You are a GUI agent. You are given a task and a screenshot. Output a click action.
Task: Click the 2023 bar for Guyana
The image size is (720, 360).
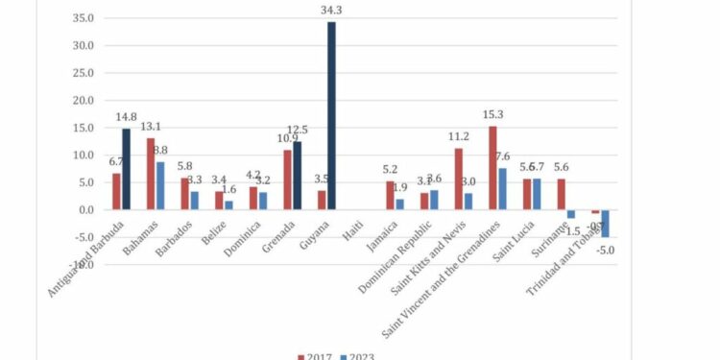331,115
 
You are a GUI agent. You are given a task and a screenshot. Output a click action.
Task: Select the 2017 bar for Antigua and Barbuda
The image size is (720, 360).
116,191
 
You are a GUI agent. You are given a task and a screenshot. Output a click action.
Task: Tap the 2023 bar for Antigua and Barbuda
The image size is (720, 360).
126,169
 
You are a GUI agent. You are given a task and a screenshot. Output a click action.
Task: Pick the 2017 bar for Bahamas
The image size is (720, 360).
151,174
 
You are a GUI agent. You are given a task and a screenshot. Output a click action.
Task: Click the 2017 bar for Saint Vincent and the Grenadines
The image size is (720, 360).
492,168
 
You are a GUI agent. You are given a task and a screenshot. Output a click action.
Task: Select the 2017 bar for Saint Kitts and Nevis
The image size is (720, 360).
458,179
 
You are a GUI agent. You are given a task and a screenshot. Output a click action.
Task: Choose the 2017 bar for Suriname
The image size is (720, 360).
561,194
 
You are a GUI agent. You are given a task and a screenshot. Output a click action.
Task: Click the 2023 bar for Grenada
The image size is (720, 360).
298,175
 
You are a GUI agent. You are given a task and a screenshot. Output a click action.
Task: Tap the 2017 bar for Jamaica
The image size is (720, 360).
390,195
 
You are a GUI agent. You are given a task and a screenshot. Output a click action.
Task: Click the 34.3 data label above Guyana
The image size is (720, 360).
331,10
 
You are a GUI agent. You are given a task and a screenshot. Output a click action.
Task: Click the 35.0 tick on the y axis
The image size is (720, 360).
82,18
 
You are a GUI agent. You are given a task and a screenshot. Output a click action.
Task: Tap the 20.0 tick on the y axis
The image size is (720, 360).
82,100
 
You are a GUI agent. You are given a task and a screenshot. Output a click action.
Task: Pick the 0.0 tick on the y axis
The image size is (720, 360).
84,209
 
